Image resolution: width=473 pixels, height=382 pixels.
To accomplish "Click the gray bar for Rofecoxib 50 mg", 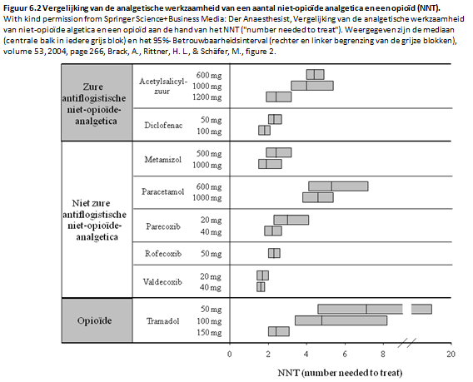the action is pos(274,253).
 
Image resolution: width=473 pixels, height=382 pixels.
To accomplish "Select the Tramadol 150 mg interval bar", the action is pos(279,331).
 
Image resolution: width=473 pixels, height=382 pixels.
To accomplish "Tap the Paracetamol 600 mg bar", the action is pos(338,186).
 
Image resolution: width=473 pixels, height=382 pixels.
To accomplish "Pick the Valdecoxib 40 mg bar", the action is pos(261,287).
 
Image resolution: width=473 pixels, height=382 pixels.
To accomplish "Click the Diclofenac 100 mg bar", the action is pos(264,131).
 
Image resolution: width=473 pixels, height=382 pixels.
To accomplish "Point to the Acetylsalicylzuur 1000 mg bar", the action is pos(312,86).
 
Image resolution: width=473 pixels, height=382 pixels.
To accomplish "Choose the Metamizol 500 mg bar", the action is pos(279,152).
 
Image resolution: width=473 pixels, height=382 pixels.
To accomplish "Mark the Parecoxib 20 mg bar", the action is pos(291,220).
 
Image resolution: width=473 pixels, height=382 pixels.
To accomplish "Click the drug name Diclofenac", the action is pos(163,125).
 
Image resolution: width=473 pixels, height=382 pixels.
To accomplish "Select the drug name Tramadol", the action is pos(162,320).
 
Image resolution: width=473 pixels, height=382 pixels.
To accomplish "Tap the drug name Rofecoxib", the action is pos(163,254).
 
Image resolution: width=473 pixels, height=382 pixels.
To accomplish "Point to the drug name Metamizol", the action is pos(163,159).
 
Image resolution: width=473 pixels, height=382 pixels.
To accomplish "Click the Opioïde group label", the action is pos(94,320).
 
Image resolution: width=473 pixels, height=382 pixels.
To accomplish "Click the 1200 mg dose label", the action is pos(207,97).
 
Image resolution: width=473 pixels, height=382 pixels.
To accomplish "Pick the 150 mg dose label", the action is pos(209,333).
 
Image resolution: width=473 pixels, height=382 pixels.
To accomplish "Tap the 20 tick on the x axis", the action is pos(451,354).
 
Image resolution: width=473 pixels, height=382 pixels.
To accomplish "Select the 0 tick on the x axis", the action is pos(229,354).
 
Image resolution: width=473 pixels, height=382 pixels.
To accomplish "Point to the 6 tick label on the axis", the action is pos(345,354).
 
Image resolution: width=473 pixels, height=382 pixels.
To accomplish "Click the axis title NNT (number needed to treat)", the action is pos(340,373).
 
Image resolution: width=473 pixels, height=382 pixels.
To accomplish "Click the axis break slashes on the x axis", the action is pos(406,343).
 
